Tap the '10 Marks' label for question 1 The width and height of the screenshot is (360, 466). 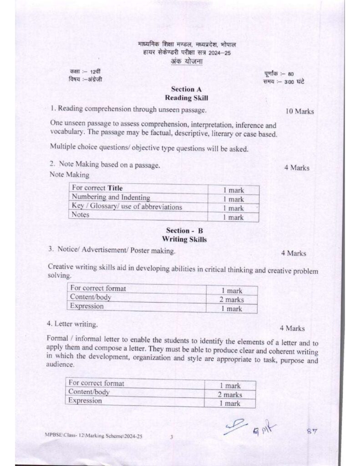[299, 111]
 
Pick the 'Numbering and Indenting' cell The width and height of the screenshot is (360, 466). [111, 198]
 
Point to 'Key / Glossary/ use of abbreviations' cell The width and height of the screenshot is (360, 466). [127, 207]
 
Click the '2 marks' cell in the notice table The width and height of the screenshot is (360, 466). [233, 299]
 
